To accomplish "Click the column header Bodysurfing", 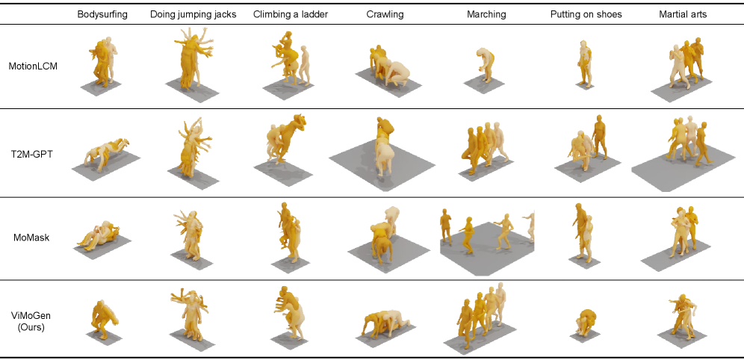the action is coord(102,14).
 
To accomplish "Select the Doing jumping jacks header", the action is coord(193,14).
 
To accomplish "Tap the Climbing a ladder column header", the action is coord(291,14).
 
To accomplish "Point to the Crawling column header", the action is coord(385,14).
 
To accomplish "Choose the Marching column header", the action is coord(486,14).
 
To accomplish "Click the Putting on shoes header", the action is coord(586,14).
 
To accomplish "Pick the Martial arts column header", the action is coord(683,14).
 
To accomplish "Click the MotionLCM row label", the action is coord(33,66).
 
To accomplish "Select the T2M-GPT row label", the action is coord(33,153).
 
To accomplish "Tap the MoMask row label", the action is coord(33,238).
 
